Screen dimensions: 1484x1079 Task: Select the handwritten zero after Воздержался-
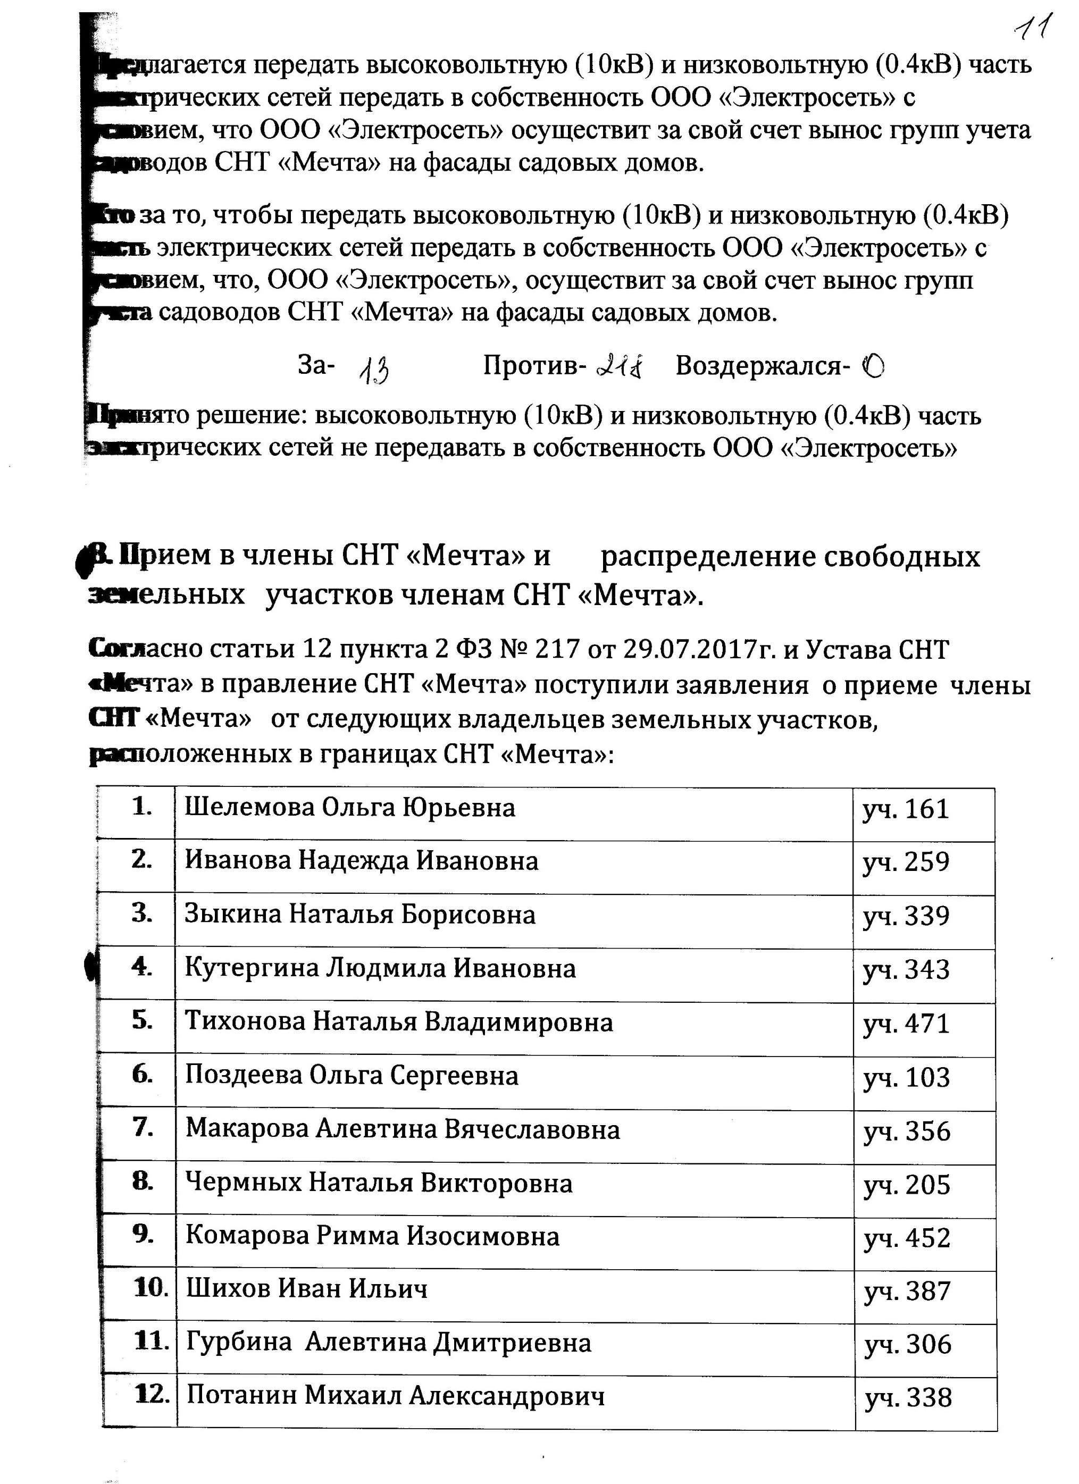(x=874, y=367)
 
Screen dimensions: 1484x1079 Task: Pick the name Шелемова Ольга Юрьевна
(x=349, y=808)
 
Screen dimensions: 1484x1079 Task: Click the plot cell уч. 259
(x=906, y=862)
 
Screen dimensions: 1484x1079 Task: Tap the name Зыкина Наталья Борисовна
(x=360, y=914)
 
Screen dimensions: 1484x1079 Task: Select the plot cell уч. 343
(x=906, y=970)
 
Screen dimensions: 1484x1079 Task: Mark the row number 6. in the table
(x=142, y=1075)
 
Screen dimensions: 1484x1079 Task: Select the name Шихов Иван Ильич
(x=307, y=1288)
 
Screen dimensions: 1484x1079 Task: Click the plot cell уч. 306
(x=908, y=1344)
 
